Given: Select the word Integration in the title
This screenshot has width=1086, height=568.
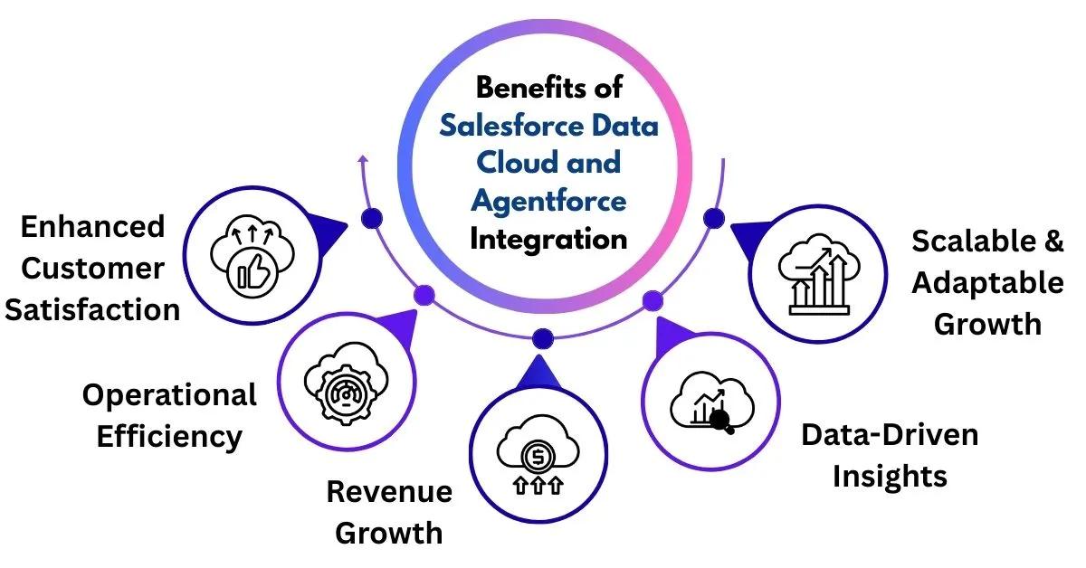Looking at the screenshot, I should coord(549,239).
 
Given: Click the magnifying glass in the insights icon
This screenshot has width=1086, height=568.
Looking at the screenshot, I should coord(721,419).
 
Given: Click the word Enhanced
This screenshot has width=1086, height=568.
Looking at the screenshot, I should coord(92,226).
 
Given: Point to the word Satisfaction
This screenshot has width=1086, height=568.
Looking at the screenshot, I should coord(92,309).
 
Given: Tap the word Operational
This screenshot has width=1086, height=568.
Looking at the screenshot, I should coord(169,395).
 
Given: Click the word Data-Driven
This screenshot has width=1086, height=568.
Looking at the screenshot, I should coord(890,435).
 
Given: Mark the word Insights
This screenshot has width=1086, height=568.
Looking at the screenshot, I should coord(890,476).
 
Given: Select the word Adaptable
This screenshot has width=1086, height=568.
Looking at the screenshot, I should coord(987,282).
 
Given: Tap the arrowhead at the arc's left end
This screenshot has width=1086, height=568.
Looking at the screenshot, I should coord(364,159).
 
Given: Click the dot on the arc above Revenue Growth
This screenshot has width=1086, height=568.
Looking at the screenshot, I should coord(543,338).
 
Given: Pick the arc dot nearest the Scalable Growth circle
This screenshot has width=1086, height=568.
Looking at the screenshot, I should coord(713,217).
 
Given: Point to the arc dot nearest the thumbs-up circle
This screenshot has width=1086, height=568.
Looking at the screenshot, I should coord(371,217).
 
